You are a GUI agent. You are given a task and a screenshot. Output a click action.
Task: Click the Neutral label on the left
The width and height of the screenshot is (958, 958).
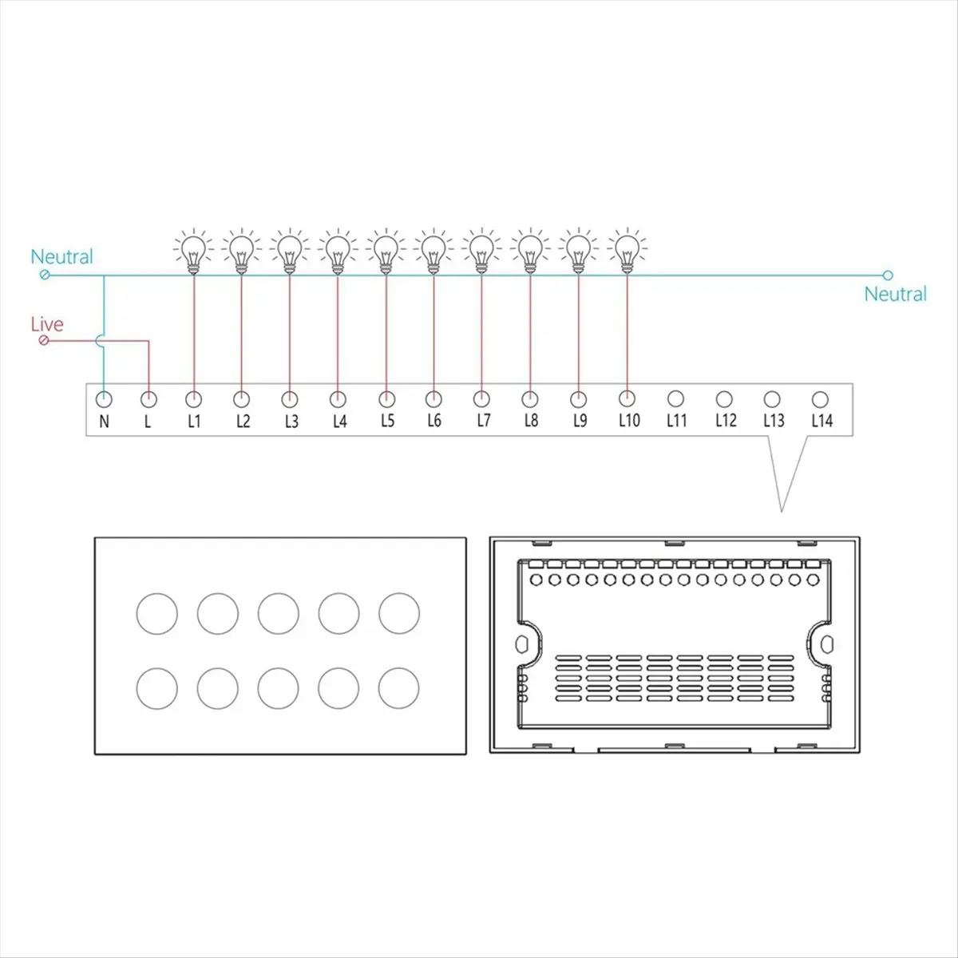(61, 257)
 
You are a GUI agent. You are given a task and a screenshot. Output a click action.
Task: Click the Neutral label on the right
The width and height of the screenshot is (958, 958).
(895, 294)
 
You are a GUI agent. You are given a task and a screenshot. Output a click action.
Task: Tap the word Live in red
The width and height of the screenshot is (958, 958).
(46, 324)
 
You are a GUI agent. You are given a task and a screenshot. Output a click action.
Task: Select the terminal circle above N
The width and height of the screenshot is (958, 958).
(104, 398)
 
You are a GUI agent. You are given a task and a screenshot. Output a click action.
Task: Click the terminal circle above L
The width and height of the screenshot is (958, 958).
(148, 398)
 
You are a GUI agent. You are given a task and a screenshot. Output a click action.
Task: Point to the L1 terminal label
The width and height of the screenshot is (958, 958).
(194, 421)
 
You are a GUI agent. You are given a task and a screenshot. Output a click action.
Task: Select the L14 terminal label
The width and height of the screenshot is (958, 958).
(821, 421)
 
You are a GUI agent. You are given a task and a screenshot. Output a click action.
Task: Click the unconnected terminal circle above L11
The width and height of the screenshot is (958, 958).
(675, 398)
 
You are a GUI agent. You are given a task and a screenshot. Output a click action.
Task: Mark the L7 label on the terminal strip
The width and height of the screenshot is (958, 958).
(483, 421)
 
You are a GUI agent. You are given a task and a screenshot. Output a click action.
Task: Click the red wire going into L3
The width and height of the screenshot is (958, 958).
(289, 335)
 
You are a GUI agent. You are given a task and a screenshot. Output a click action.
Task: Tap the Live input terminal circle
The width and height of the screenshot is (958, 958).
(44, 341)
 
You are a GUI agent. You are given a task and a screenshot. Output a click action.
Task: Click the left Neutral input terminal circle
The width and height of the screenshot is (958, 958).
(44, 275)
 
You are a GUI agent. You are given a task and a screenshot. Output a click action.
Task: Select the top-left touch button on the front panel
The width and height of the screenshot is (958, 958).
(157, 612)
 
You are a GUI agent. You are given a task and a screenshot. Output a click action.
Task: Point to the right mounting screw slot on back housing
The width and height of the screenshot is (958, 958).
(827, 643)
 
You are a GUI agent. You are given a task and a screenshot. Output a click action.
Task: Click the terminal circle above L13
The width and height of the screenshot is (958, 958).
(772, 398)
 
